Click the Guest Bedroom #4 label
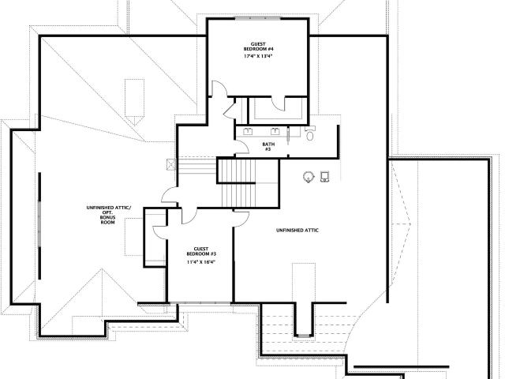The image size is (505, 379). [x=258, y=47]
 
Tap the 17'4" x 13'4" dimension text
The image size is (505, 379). [x=258, y=56]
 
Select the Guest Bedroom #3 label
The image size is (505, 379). [x=201, y=251]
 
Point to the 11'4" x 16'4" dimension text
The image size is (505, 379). [x=201, y=262]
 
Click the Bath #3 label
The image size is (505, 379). [x=268, y=147]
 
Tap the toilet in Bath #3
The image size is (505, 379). [x=310, y=133]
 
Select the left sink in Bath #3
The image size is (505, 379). [x=248, y=131]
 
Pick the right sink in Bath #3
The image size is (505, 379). [x=275, y=131]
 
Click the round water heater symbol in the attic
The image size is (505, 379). [x=309, y=177]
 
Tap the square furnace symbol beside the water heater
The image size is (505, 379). [x=324, y=176]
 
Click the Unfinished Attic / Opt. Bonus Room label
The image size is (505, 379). [x=109, y=215]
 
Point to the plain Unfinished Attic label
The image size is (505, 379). [x=297, y=230]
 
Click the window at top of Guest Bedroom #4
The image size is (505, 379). [x=258, y=19]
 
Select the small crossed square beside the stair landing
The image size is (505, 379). [x=171, y=164]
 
